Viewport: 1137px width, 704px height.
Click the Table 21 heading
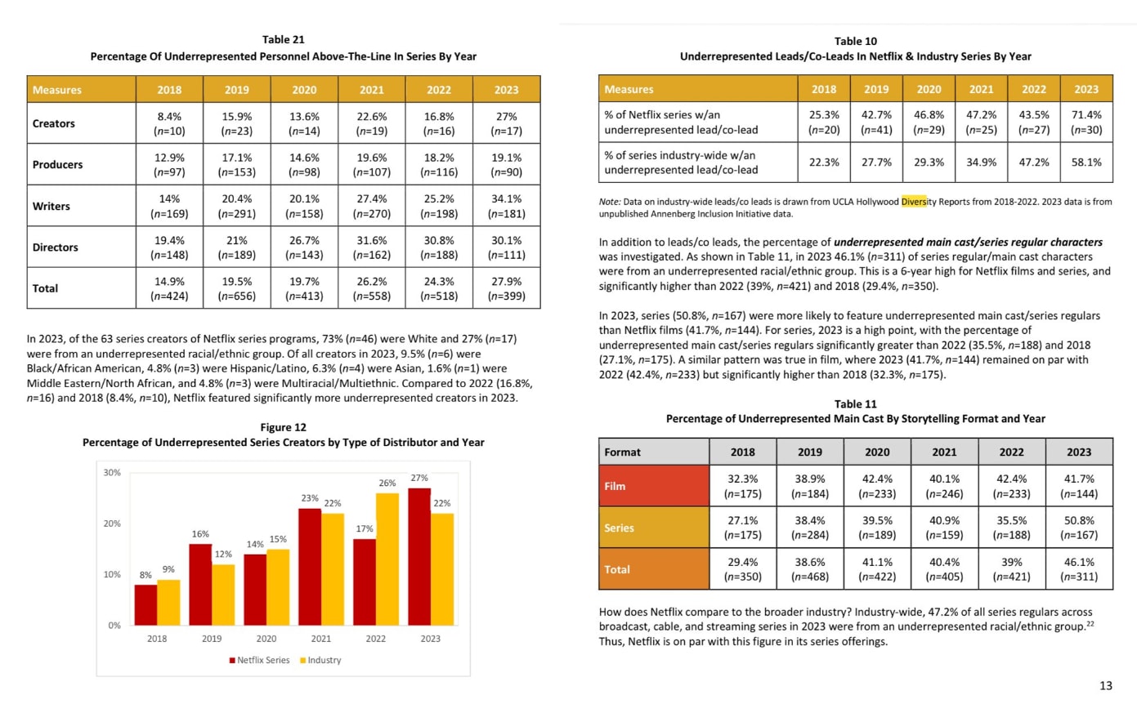click(284, 38)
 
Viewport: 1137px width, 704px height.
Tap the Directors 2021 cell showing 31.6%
click(370, 247)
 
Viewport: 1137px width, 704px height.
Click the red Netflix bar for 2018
click(145, 604)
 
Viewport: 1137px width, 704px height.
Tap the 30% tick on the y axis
click(111, 473)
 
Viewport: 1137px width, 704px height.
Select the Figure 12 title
click(283, 427)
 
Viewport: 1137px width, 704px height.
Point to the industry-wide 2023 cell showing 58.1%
click(1086, 162)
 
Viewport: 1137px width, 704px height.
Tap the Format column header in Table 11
click(622, 451)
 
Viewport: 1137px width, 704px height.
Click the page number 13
click(1105, 684)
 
